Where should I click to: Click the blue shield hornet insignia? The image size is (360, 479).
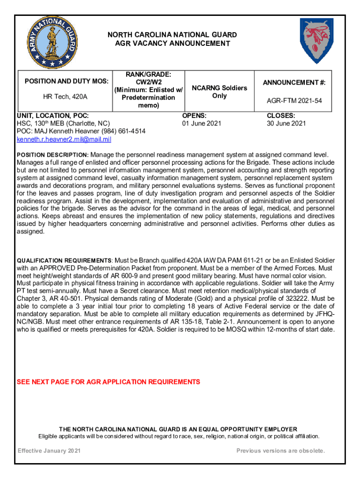pyautogui.click(x=317, y=41)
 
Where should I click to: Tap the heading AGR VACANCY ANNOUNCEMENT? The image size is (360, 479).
pyautogui.click(x=173, y=44)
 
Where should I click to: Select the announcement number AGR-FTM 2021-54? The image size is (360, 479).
pyautogui.click(x=294, y=101)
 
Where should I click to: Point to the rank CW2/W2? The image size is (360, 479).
pyautogui.click(x=148, y=82)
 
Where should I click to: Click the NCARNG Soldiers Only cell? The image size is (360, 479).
pyautogui.click(x=219, y=92)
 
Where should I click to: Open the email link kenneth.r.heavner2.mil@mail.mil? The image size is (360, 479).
pyautogui.click(x=64, y=139)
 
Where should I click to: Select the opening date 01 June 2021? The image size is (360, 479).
pyautogui.click(x=202, y=123)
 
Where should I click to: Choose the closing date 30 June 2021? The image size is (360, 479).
pyautogui.click(x=286, y=123)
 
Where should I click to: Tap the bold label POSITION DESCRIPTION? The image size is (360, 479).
pyautogui.click(x=52, y=155)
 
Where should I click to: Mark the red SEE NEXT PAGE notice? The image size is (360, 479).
pyautogui.click(x=108, y=382)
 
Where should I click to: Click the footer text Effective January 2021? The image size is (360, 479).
pyautogui.click(x=49, y=451)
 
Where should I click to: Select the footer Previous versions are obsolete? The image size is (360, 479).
pyautogui.click(x=281, y=451)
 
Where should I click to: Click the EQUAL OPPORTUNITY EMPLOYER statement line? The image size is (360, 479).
pyautogui.click(x=178, y=429)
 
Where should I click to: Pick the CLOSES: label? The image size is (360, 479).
pyautogui.click(x=281, y=115)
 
